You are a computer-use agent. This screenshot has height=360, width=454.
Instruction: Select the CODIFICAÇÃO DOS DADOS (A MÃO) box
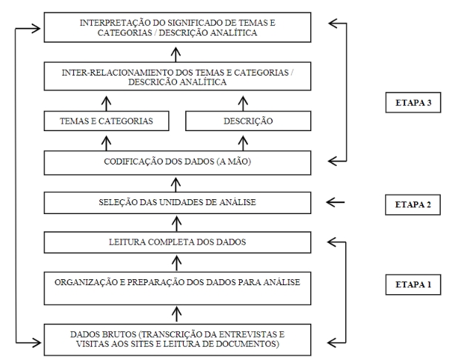tap(176, 161)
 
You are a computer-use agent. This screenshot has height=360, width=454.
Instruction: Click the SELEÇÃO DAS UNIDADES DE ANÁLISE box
tap(176, 201)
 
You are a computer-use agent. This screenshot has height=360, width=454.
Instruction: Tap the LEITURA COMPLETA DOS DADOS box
tap(176, 241)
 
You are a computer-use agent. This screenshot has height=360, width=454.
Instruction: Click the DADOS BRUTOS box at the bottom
tap(176, 339)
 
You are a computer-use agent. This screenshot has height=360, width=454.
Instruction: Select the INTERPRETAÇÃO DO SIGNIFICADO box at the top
tap(176, 29)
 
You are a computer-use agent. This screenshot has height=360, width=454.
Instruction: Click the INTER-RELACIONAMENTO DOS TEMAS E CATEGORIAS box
tap(176, 77)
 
